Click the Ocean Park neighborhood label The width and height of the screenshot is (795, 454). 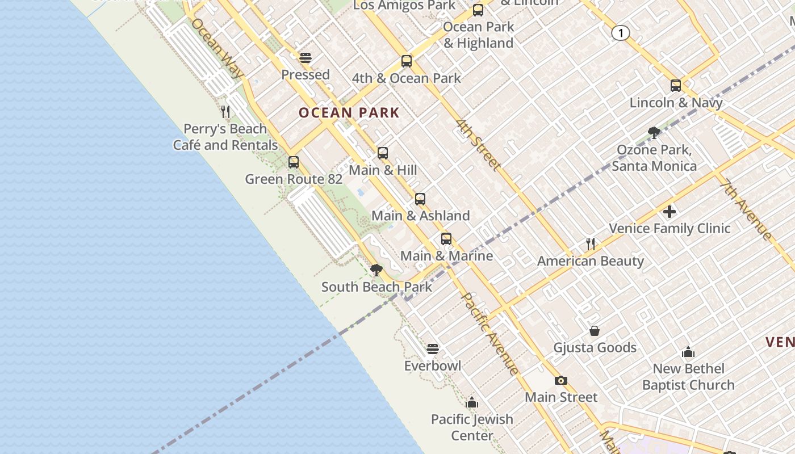pyautogui.click(x=349, y=112)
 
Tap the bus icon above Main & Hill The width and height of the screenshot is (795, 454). pyautogui.click(x=383, y=153)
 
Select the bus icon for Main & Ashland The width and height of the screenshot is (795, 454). pyautogui.click(x=420, y=199)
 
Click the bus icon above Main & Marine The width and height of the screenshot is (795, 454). pyautogui.click(x=446, y=239)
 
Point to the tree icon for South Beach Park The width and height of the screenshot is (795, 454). pyautogui.click(x=376, y=270)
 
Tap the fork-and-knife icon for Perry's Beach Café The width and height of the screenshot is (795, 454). pyautogui.click(x=225, y=111)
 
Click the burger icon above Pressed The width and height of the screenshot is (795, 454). pyautogui.click(x=306, y=58)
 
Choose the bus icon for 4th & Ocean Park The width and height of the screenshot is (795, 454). pyautogui.click(x=407, y=61)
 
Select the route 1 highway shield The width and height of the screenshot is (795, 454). pyautogui.click(x=621, y=33)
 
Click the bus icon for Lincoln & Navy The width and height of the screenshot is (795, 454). pyautogui.click(x=676, y=86)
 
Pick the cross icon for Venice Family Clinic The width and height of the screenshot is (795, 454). pyautogui.click(x=670, y=212)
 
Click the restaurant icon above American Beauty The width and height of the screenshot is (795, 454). pyautogui.click(x=591, y=244)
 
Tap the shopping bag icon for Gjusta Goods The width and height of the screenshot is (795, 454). pyautogui.click(x=595, y=331)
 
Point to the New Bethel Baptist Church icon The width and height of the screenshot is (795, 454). pyautogui.click(x=688, y=352)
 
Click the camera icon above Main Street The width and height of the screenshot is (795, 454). pyautogui.click(x=561, y=380)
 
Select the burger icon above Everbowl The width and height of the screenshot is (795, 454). pyautogui.click(x=433, y=348)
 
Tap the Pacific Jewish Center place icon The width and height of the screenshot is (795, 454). pyautogui.click(x=472, y=403)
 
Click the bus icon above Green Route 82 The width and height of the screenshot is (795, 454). pyautogui.click(x=294, y=162)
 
